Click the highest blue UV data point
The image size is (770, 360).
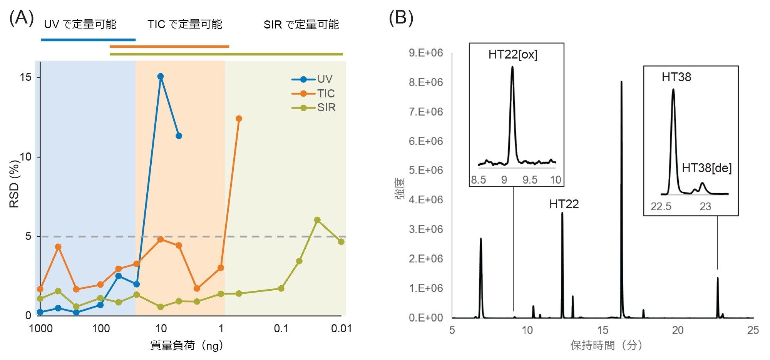161,76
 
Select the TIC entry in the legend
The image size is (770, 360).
326,94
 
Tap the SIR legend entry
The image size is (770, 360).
326,108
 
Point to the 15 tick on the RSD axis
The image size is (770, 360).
25,77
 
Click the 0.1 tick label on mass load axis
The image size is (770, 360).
281,328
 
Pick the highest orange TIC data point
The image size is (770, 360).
239,119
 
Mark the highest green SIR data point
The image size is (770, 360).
317,220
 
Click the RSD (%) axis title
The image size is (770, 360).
14,184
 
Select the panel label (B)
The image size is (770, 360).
401,18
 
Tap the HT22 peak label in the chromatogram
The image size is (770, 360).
564,204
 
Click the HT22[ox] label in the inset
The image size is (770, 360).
513,54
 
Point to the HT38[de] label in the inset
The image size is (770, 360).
706,168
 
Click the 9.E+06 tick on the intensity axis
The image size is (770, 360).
425,53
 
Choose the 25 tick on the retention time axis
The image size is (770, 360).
753,330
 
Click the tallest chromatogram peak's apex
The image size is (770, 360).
621,82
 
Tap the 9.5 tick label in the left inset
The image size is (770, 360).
530,180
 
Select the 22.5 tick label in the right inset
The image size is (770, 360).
661,207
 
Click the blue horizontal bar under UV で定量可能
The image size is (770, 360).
88,40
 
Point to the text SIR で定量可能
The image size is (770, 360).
301,25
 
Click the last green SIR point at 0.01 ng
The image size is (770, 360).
341,241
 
